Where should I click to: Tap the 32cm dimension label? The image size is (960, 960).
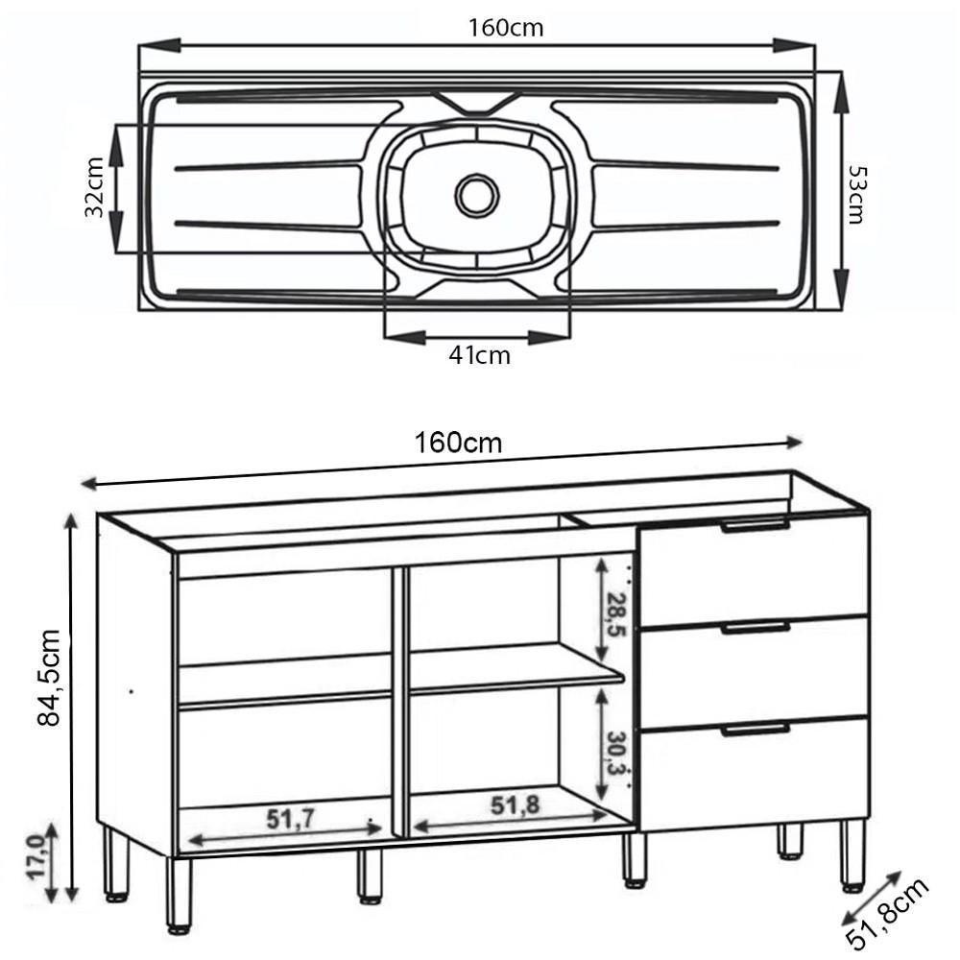pos(94,187)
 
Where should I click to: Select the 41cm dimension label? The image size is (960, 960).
pos(479,356)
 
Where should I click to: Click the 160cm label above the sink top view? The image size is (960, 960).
pos(506,28)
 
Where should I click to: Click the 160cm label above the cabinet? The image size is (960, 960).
pos(458,444)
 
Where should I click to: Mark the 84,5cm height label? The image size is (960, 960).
pos(48,677)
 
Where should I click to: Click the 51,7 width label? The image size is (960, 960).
pos(293,818)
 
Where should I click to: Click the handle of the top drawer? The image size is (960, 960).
pos(756,525)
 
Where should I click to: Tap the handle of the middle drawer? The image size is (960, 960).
pos(756,628)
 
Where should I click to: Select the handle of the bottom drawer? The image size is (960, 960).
pos(756,730)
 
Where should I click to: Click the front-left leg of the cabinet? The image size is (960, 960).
pos(179,893)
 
